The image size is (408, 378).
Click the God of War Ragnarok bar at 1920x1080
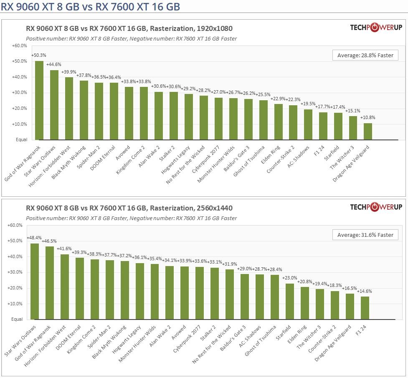39,100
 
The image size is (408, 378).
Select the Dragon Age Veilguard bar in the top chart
367,132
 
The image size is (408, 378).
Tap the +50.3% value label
39,55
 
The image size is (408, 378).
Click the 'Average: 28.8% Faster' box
365,55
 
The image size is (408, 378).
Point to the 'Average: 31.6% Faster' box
365,235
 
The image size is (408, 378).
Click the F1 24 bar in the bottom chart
365,308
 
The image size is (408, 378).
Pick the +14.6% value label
365,291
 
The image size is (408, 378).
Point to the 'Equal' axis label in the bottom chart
17,320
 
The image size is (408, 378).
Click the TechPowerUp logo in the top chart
376,28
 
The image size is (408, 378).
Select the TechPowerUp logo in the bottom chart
376,207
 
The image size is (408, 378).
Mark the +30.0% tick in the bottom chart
15,272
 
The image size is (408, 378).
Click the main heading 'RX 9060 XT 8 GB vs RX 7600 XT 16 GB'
91,6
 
